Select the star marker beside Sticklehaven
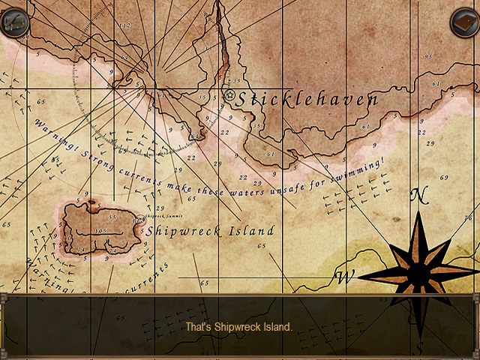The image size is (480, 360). [x=230, y=95]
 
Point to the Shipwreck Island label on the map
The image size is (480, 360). [x=210, y=231]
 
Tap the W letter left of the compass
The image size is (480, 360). [x=344, y=278]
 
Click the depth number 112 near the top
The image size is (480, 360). [x=125, y=25]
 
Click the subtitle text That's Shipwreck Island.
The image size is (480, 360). [x=239, y=327]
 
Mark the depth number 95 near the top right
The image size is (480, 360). [x=427, y=56]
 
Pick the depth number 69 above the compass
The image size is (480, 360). [x=444, y=177]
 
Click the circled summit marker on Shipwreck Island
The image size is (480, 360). [x=139, y=219]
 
